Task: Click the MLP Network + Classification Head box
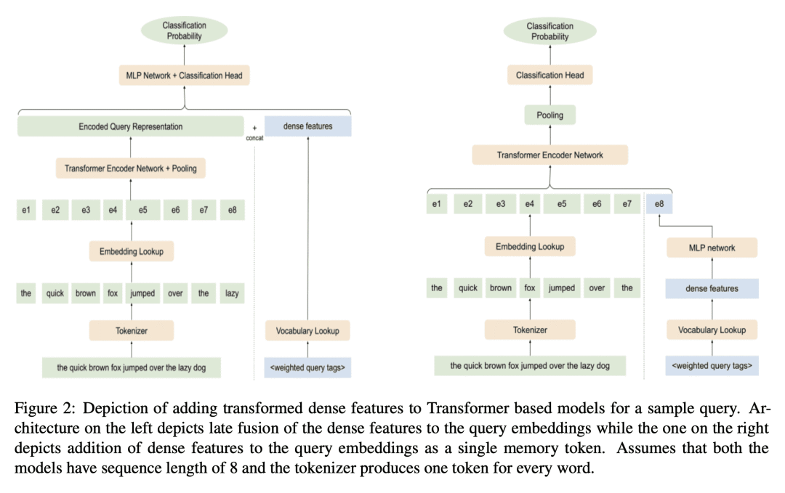[x=184, y=75]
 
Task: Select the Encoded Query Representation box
[x=131, y=126]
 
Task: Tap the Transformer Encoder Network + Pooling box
[x=130, y=169]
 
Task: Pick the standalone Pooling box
[x=549, y=115]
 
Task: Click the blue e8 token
[x=659, y=205]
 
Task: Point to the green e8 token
[x=232, y=211]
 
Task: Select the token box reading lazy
[x=232, y=293]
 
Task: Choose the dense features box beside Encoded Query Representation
[x=307, y=126]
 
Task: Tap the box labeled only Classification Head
[x=549, y=75]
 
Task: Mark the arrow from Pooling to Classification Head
[x=549, y=94]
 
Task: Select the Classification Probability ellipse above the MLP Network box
[x=184, y=30]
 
